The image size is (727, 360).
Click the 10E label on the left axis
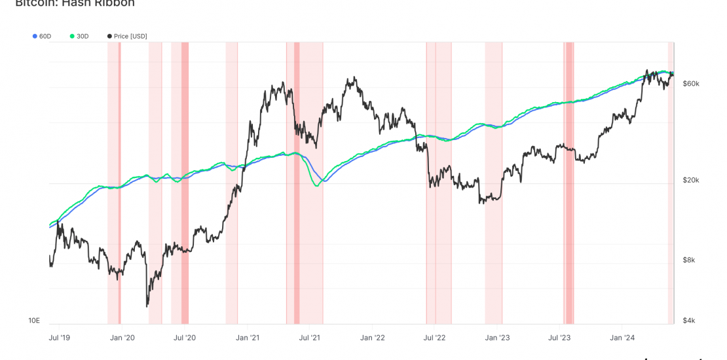point(34,321)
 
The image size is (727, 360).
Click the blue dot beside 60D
point(35,36)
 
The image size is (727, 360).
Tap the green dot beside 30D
point(72,36)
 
